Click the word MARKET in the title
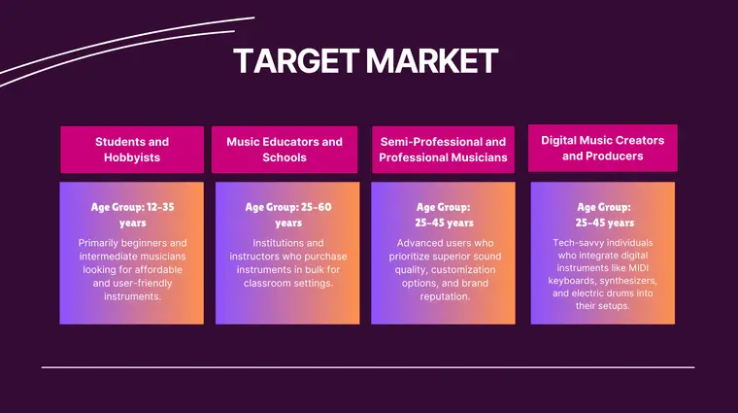tap(430, 61)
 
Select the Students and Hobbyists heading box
tap(132, 149)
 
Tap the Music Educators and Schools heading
tap(285, 149)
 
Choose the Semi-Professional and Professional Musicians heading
tap(443, 150)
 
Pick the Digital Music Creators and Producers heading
tap(602, 148)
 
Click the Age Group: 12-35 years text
tap(132, 214)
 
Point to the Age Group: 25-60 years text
tap(288, 214)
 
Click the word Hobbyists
tap(132, 157)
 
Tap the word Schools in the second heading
tap(285, 157)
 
